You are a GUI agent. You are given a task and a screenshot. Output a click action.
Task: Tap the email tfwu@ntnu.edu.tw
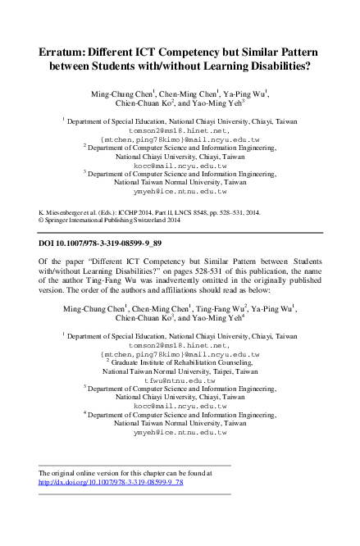180,380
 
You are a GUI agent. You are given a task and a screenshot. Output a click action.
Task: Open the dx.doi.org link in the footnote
111,483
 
